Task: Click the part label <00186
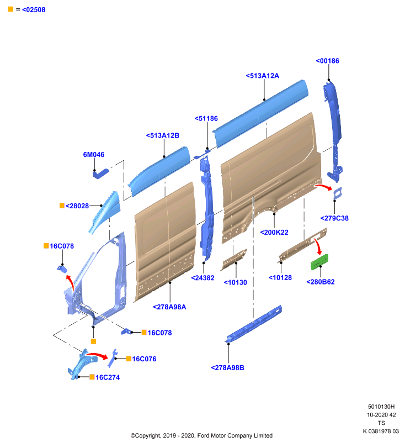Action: click(327, 61)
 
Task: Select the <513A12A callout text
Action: click(262, 76)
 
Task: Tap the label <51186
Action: click(206, 119)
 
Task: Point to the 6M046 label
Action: click(94, 155)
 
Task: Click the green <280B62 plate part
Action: click(319, 262)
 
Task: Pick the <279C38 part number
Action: click(334, 218)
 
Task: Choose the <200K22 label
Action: click(274, 233)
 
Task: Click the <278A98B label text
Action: click(227, 368)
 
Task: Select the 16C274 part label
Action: click(108, 377)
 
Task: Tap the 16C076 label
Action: click(144, 359)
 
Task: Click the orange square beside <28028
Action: click(62, 206)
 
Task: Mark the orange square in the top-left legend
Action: click(10, 9)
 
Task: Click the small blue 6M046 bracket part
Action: click(101, 173)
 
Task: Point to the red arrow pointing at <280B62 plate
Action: click(318, 246)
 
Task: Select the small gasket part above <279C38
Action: click(338, 193)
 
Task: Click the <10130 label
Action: click(235, 282)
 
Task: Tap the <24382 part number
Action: click(202, 278)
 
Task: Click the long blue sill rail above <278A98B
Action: click(253, 324)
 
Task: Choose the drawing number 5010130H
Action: click(381, 407)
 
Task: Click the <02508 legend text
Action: click(34, 10)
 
